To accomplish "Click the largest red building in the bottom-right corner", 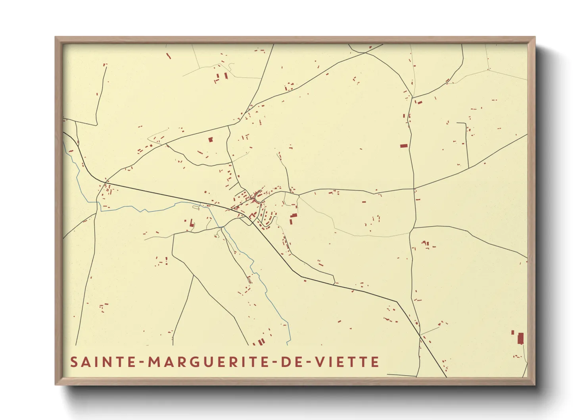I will coord(521,338).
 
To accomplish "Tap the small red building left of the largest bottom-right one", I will coord(513,332).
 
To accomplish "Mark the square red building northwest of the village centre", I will coord(211,139).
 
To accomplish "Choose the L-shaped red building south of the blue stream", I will coord(192,223).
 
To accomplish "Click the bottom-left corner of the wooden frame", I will coord(56,384).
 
